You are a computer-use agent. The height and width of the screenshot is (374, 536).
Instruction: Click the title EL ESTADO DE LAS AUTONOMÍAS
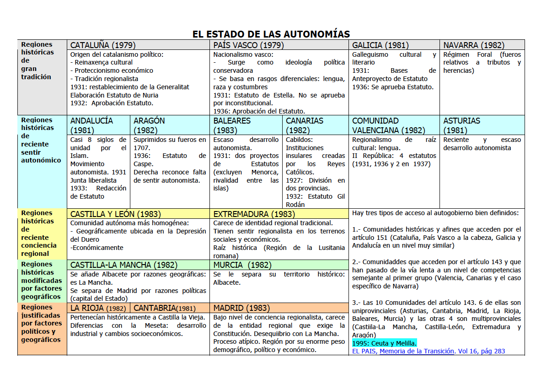pyautogui.click(x=271, y=34)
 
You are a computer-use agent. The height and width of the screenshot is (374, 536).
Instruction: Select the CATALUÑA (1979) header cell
pyautogui.click(x=103, y=45)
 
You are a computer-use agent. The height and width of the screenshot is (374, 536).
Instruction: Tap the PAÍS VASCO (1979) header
pyautogui.click(x=248, y=45)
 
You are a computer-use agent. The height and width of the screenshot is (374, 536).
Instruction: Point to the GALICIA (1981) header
pyautogui.click(x=381, y=45)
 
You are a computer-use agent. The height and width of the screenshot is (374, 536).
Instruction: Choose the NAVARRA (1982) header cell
pyautogui.click(x=474, y=45)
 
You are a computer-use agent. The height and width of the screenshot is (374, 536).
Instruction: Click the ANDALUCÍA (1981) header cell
pyautogui.click(x=92, y=125)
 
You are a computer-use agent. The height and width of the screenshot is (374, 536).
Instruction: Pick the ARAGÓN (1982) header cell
pyautogui.click(x=150, y=125)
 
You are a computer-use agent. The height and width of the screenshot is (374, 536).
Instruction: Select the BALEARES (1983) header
pyautogui.click(x=232, y=125)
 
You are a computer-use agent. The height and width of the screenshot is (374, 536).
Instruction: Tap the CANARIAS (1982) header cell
pyautogui.click(x=305, y=125)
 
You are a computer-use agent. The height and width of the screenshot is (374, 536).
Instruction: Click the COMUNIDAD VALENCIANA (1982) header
pyautogui.click(x=388, y=125)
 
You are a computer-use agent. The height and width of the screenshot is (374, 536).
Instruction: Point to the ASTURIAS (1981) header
pyautogui.click(x=462, y=125)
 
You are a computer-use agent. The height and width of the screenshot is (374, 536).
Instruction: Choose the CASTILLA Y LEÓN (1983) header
pyautogui.click(x=115, y=214)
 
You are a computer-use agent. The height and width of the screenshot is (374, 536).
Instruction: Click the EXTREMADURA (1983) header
pyautogui.click(x=254, y=214)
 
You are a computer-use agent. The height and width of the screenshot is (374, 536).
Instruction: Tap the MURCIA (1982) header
pyautogui.click(x=242, y=265)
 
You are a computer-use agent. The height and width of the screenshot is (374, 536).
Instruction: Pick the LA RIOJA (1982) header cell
pyautogui.click(x=98, y=308)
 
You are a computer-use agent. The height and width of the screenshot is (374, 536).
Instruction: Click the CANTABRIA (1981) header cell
pyautogui.click(x=165, y=308)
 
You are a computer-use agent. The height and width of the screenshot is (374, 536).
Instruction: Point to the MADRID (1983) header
pyautogui.click(x=241, y=308)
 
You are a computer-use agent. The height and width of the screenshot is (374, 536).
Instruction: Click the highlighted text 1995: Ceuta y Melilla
pyautogui.click(x=384, y=343)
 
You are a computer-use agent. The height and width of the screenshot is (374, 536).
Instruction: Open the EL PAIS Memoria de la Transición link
pyautogui.click(x=429, y=351)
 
